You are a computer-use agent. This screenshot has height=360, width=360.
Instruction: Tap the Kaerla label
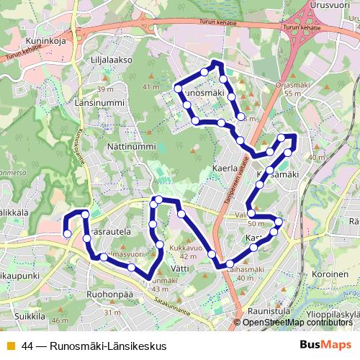pyautogui.click(x=225, y=166)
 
